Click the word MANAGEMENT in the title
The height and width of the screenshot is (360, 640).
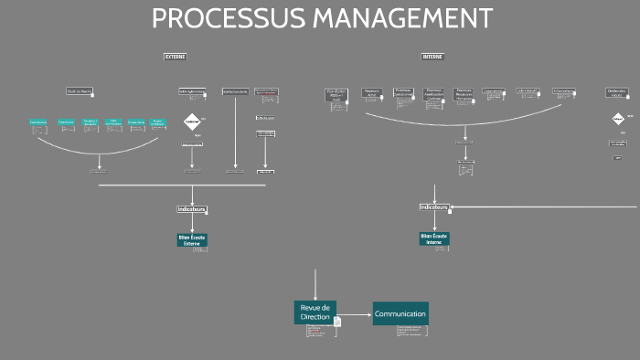(398, 18)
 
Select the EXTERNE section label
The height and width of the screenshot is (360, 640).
(175, 57)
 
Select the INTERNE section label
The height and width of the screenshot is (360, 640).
(432, 57)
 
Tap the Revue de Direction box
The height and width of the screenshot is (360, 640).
(315, 312)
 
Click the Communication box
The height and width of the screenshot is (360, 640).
(400, 313)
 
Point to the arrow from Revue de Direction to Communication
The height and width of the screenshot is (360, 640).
(355, 313)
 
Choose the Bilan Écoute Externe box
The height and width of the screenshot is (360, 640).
(192, 239)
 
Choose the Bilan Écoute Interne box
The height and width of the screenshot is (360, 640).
(434, 238)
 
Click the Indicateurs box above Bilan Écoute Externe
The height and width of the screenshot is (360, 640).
(191, 209)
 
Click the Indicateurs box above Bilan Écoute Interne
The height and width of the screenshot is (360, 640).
(433, 207)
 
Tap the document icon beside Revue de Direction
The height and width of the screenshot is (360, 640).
(337, 322)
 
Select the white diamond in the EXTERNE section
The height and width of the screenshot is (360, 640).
(192, 122)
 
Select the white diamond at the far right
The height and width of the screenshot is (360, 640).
(618, 119)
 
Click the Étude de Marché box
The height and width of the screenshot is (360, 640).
(80, 91)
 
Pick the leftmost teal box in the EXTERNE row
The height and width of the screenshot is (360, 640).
(38, 122)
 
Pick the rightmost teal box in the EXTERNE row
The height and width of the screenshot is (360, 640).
(158, 122)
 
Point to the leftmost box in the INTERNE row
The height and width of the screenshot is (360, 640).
(336, 93)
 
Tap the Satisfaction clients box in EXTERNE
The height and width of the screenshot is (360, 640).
(236, 91)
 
